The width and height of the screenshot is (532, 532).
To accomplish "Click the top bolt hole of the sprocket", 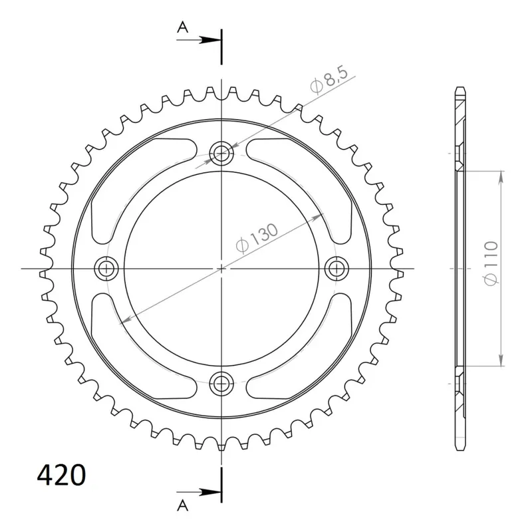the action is coord(221,154).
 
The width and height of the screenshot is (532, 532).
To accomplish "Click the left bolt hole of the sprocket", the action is coord(106,269).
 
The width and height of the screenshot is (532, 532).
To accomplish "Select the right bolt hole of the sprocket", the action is coord(336,269).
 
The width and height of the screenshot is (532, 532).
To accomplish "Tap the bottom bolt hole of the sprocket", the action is coord(221,384).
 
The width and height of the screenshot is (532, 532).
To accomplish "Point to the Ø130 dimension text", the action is coord(257,238).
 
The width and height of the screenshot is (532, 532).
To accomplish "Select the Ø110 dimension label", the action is coord(491,263).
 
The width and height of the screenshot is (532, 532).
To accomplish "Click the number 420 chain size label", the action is coord(61,475).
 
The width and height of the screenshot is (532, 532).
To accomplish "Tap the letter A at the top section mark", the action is coord(182,27).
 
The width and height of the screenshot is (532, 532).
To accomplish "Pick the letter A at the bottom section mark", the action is coord(182,505).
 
